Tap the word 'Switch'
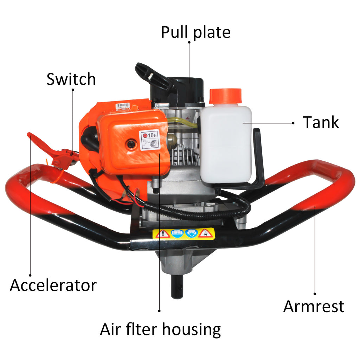click(71, 79)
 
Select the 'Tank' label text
click(321, 122)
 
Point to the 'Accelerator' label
click(53, 285)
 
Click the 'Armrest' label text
click(314, 306)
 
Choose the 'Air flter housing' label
click(160, 330)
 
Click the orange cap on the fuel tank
click(225, 96)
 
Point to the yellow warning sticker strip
click(184, 234)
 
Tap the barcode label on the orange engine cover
click(123, 106)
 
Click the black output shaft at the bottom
click(177, 286)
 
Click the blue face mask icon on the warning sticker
click(192, 233)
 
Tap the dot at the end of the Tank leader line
click(293, 123)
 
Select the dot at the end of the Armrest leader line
click(315, 294)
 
